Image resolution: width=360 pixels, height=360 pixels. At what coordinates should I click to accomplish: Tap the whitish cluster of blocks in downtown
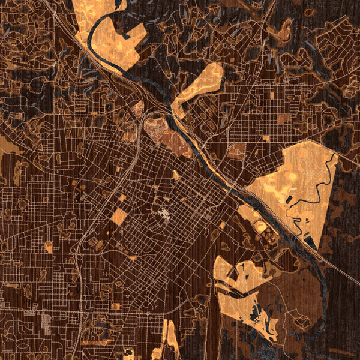tap(164, 214)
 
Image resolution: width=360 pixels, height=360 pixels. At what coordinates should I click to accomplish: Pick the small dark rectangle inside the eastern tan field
tap(290, 199)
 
